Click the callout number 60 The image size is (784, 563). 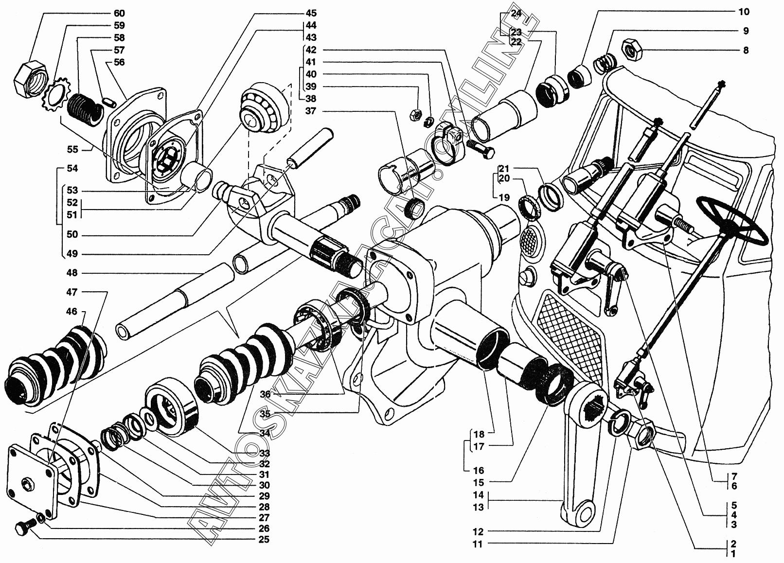point(119,13)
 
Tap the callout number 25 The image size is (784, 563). point(264,539)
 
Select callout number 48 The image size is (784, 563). point(72,273)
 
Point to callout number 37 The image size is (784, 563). point(310,111)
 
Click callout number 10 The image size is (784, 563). point(744,12)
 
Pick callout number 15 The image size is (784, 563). point(478,482)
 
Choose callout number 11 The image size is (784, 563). point(478,544)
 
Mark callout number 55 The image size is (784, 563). point(72,149)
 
